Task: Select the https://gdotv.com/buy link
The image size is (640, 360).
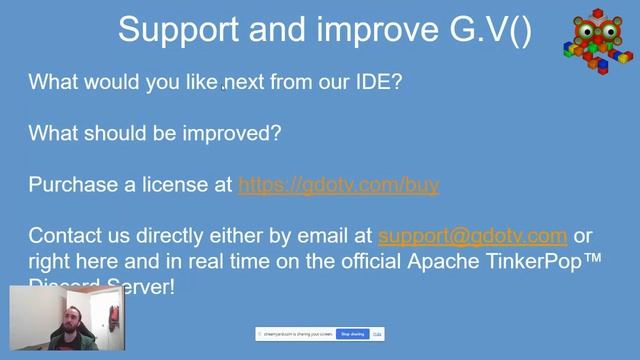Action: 338,185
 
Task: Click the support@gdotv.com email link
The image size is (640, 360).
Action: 472,237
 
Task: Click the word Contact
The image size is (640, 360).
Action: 65,237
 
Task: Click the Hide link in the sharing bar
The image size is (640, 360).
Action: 377,334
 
